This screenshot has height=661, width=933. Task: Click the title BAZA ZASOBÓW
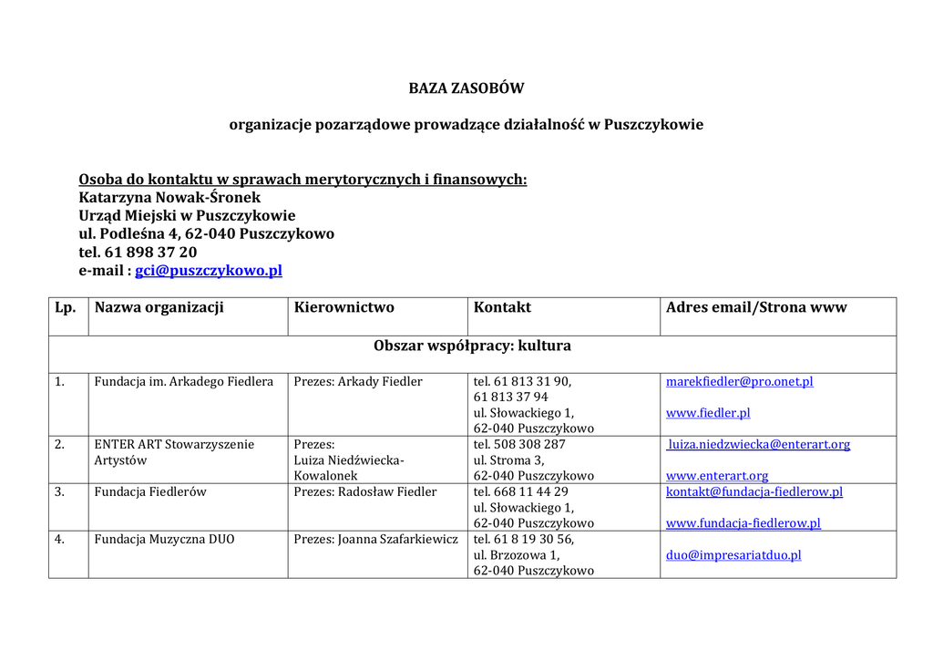[x=466, y=88]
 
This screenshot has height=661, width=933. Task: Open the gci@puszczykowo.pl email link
[x=209, y=270]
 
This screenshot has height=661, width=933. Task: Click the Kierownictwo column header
[x=343, y=307]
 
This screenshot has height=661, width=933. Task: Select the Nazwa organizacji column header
[x=159, y=307]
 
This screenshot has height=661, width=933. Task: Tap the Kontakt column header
[x=502, y=307]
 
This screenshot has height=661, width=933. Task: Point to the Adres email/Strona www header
[x=756, y=307]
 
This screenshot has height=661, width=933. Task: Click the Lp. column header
[x=65, y=307]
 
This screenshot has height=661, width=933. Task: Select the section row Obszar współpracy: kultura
[x=472, y=346]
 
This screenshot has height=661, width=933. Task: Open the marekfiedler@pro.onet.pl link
[x=739, y=381]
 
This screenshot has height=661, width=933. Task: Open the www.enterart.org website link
[x=717, y=476]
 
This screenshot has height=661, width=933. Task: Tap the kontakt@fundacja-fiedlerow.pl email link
[x=754, y=491]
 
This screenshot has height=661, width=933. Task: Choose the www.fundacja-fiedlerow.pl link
[x=743, y=523]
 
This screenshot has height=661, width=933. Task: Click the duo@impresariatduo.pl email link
[x=733, y=554]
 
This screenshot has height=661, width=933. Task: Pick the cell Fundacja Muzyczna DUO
[x=164, y=539]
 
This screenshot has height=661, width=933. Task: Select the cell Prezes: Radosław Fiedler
[x=365, y=491]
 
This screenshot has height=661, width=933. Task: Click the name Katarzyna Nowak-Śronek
[x=169, y=197]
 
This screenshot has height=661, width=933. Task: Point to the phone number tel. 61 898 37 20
[x=138, y=252]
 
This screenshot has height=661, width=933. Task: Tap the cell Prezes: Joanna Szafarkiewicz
[x=375, y=539]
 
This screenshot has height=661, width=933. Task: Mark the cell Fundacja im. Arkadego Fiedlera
[x=183, y=381]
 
